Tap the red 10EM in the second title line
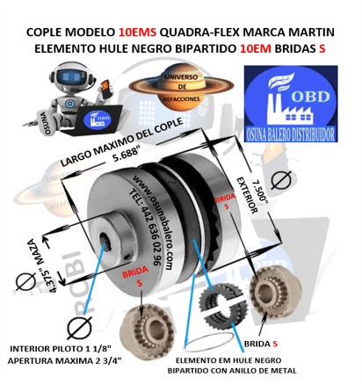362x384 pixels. point(255,49)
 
